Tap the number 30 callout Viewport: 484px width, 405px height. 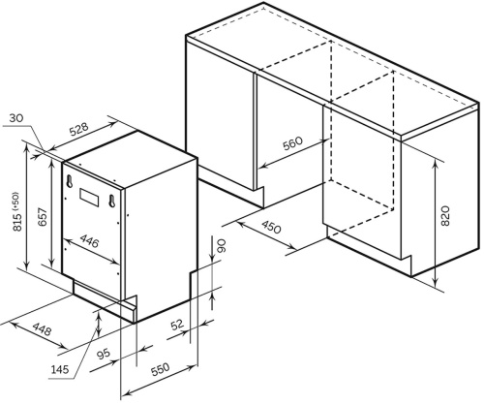[16, 118]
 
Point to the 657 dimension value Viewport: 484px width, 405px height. [44, 217]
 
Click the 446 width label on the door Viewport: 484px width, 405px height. [89, 240]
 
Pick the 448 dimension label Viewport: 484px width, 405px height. [42, 329]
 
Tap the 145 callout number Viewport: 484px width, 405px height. [60, 369]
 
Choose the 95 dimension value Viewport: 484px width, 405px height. [104, 355]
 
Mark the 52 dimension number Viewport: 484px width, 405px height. [177, 325]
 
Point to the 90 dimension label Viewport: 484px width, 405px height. [223, 246]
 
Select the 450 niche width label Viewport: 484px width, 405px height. [271, 227]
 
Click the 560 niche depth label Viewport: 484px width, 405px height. [293, 143]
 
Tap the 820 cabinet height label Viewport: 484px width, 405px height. [444, 216]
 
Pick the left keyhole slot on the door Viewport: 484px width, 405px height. [69, 180]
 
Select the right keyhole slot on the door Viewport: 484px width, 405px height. [111, 201]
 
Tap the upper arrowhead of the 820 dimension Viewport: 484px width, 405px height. [435, 163]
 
